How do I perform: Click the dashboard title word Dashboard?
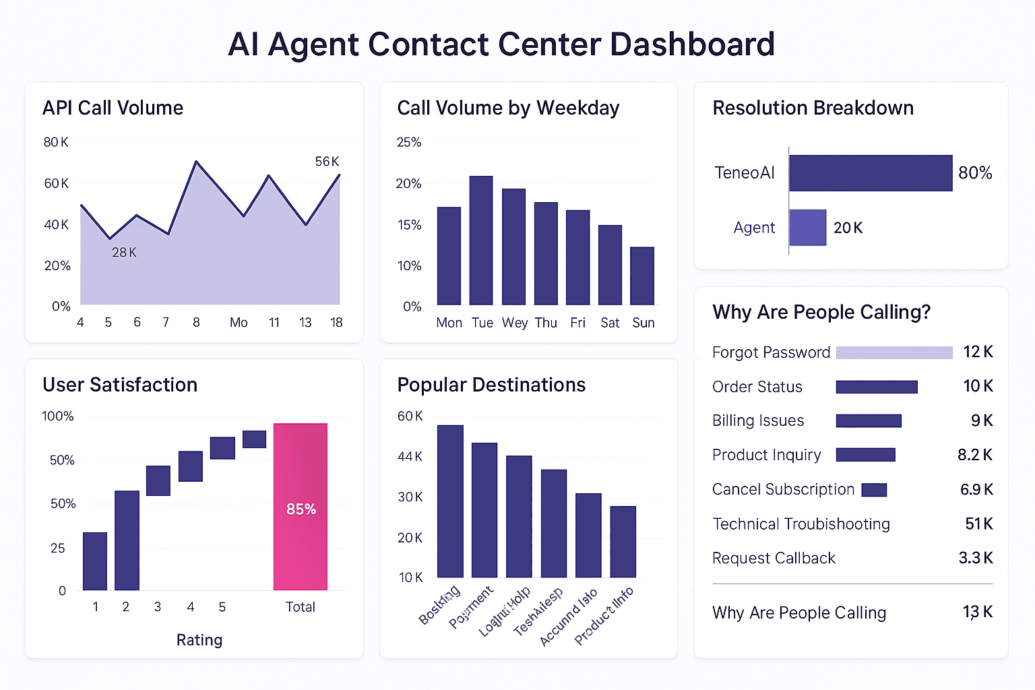point(692,44)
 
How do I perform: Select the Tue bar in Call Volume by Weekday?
point(481,241)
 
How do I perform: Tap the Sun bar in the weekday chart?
point(642,276)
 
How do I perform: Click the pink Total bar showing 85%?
point(300,507)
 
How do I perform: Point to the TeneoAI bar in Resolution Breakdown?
point(871,173)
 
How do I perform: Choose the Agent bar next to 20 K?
point(807,228)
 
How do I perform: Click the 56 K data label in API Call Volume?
point(327,162)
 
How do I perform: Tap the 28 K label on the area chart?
point(124,253)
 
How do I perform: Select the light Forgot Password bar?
point(894,352)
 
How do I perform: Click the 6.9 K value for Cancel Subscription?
point(976,490)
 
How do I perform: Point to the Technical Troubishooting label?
point(801,524)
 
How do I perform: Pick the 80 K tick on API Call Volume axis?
point(56,142)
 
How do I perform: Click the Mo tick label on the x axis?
point(239,323)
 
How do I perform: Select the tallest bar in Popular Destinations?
point(450,501)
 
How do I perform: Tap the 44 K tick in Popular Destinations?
point(410,457)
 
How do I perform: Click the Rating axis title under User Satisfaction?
point(199,640)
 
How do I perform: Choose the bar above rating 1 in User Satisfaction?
point(95,561)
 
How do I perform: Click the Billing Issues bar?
point(869,421)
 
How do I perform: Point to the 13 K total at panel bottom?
point(977,613)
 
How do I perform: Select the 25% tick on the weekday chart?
point(408,142)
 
